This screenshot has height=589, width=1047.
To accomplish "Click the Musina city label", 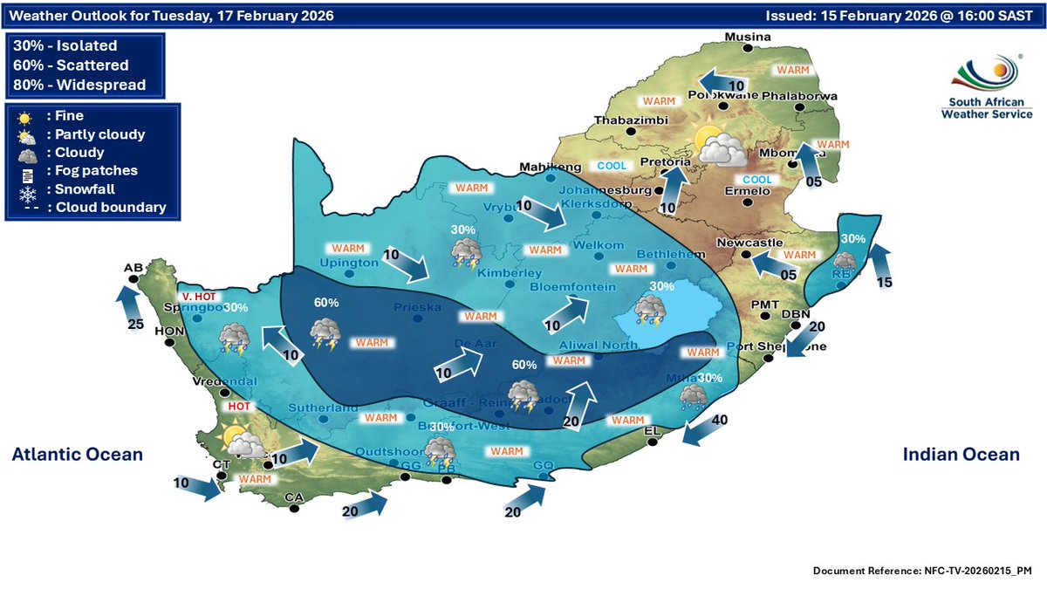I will [749, 37].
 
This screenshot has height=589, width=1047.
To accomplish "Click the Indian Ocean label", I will [961, 454].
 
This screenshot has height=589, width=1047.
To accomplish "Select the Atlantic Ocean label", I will [78, 454].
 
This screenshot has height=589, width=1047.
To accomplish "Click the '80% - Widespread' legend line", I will [79, 85].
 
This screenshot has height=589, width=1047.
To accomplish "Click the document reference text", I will [922, 571].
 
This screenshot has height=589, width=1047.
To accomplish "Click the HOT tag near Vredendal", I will [239, 407].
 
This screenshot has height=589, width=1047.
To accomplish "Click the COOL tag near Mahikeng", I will [612, 166].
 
